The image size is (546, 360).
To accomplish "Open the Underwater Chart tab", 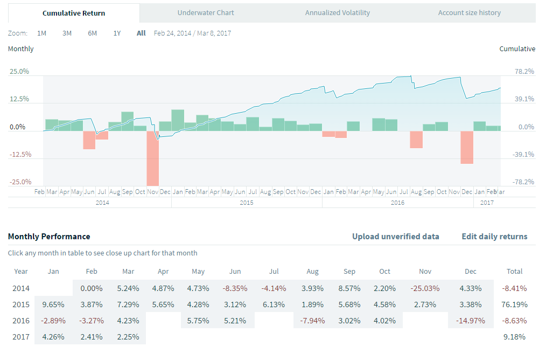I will point(206,12).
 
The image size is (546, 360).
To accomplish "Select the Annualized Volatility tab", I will point(337,12).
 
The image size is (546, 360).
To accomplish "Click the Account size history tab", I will point(469,12).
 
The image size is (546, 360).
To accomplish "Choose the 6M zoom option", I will point(93,33).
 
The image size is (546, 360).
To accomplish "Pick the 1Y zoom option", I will point(117,33).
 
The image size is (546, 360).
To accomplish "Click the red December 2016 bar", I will point(467,147).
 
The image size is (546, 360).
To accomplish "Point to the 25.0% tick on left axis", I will point(19,72).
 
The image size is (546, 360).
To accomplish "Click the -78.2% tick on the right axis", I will point(524,182).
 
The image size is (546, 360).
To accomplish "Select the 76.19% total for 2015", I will point(515,304).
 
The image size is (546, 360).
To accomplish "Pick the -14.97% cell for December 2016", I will point(470,321).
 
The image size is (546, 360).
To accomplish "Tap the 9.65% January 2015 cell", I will point(54,304).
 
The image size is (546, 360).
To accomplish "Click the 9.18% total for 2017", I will point(515,337).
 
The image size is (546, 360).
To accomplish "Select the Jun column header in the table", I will point(235,272).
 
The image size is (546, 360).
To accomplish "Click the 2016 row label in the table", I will point(21,321).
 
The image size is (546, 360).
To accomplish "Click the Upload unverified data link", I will point(395,237).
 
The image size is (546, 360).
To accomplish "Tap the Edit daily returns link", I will point(494,237).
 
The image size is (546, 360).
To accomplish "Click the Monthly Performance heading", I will point(49,237).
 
